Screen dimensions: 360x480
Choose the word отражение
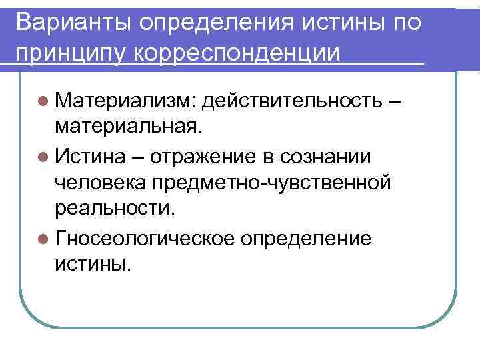coord(201,157)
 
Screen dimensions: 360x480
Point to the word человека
coord(103,181)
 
